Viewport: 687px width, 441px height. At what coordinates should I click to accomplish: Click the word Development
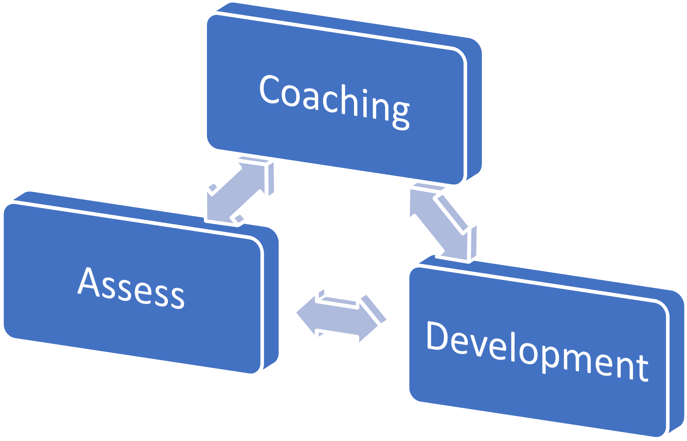(x=537, y=351)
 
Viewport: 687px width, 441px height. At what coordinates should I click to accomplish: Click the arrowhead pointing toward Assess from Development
(x=307, y=313)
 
